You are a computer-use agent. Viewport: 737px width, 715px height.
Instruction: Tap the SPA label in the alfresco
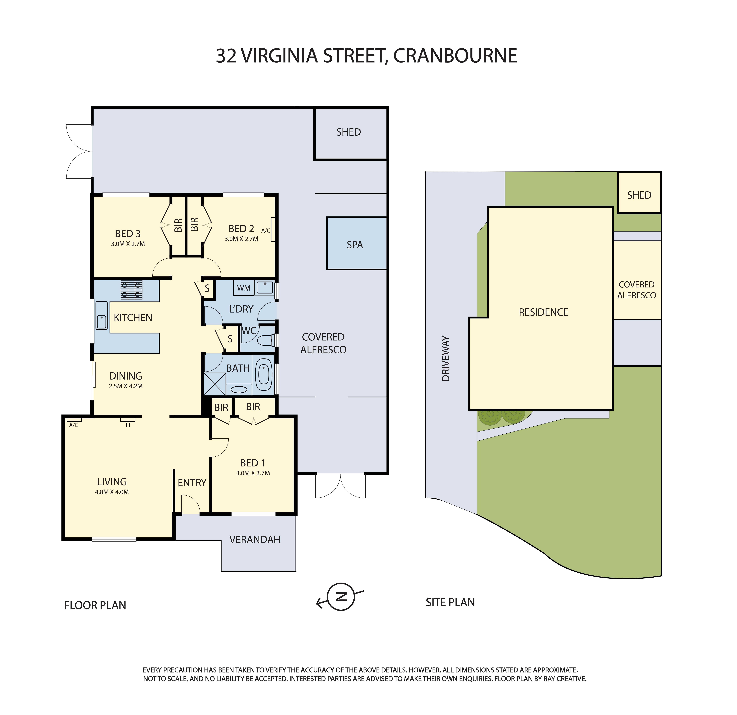tap(355, 245)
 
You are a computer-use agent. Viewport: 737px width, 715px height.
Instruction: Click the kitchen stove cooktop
tap(132, 290)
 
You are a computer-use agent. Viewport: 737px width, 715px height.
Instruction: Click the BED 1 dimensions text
tap(253, 473)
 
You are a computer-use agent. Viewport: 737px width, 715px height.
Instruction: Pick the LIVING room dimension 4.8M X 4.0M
tap(112, 492)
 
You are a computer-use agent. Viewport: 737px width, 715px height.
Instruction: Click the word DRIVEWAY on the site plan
tap(446, 359)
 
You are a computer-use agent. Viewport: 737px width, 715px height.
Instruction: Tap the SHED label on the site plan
tap(639, 195)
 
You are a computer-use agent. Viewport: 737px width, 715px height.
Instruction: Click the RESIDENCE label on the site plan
tap(543, 312)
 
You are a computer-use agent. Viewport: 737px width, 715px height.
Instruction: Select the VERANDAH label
tap(255, 540)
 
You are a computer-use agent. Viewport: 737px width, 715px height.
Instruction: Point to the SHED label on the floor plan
tap(349, 132)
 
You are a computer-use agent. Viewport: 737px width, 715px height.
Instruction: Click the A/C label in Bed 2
tap(265, 230)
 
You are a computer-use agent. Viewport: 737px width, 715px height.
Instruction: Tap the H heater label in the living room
tap(128, 425)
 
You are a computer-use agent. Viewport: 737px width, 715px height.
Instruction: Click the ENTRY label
tap(192, 483)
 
